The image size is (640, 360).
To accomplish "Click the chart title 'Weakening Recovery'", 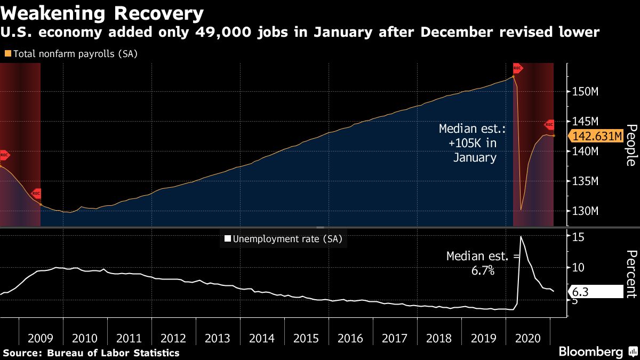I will (x=102, y=13).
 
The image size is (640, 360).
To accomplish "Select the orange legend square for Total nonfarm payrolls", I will (x=7, y=53).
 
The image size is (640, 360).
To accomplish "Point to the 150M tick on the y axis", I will (x=587, y=92).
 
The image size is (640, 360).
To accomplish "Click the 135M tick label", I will (x=587, y=181).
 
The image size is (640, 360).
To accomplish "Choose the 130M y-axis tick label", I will (x=587, y=211).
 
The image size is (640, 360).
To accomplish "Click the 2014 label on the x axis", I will (x=262, y=338).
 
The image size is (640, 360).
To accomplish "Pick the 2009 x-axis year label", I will (x=41, y=338).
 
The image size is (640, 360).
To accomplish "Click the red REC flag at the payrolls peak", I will (x=517, y=68).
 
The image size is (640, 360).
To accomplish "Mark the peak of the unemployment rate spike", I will (x=521, y=236).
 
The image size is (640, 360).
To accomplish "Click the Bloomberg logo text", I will (x=590, y=352).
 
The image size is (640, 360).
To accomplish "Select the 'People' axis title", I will (x=631, y=145).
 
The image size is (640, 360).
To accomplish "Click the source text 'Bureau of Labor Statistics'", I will (x=113, y=353).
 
